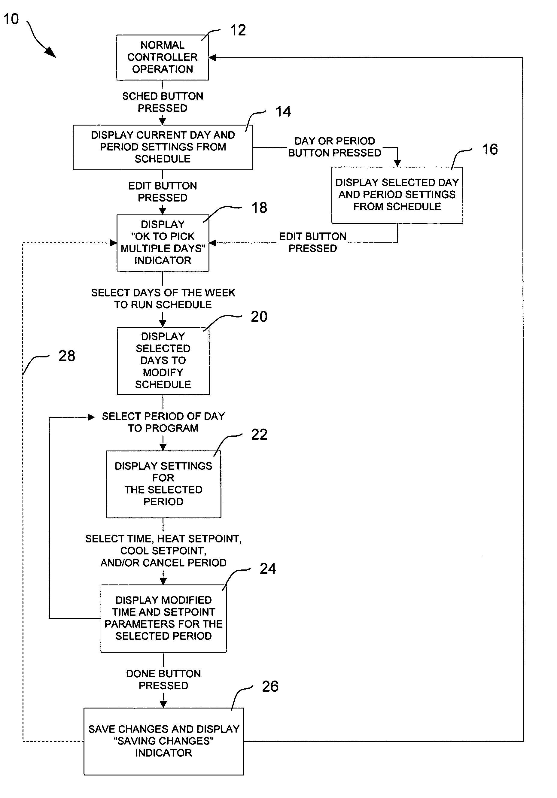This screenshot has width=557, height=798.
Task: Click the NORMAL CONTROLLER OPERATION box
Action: coord(162,57)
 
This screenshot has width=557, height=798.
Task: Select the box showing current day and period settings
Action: coord(163,147)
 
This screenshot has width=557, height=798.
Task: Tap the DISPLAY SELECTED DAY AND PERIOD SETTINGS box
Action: coord(397,195)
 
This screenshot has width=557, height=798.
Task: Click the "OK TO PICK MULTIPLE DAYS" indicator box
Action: coord(163,243)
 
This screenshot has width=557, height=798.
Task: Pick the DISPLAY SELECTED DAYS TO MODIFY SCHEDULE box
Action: coord(163,361)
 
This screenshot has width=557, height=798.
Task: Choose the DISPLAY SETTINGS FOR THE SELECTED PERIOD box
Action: coord(163,484)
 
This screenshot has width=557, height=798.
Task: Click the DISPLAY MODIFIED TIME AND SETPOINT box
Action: coord(163,618)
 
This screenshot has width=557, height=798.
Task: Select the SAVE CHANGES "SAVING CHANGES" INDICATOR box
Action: coord(164,741)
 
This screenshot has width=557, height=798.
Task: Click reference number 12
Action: coord(238,30)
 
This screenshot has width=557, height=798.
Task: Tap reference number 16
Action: coord(490,150)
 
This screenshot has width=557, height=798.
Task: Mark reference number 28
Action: coord(67,356)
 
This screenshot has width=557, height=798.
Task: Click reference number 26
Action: coord(270,687)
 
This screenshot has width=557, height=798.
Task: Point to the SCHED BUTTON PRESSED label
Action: coord(163,102)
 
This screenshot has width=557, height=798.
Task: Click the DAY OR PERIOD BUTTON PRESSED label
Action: coord(335,147)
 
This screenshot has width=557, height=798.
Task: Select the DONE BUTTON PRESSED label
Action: coord(163,679)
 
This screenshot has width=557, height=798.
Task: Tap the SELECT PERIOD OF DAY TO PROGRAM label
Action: coord(163,422)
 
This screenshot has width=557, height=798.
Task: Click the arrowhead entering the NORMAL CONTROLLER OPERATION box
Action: coord(212,58)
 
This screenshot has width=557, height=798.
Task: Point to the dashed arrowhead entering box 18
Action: coord(113,243)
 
